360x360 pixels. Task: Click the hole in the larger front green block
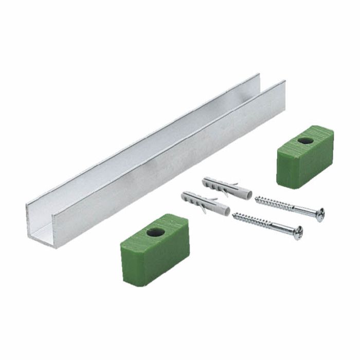[155, 232]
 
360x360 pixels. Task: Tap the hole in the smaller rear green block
[305, 140]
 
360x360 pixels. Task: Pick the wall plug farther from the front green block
[227, 188]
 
